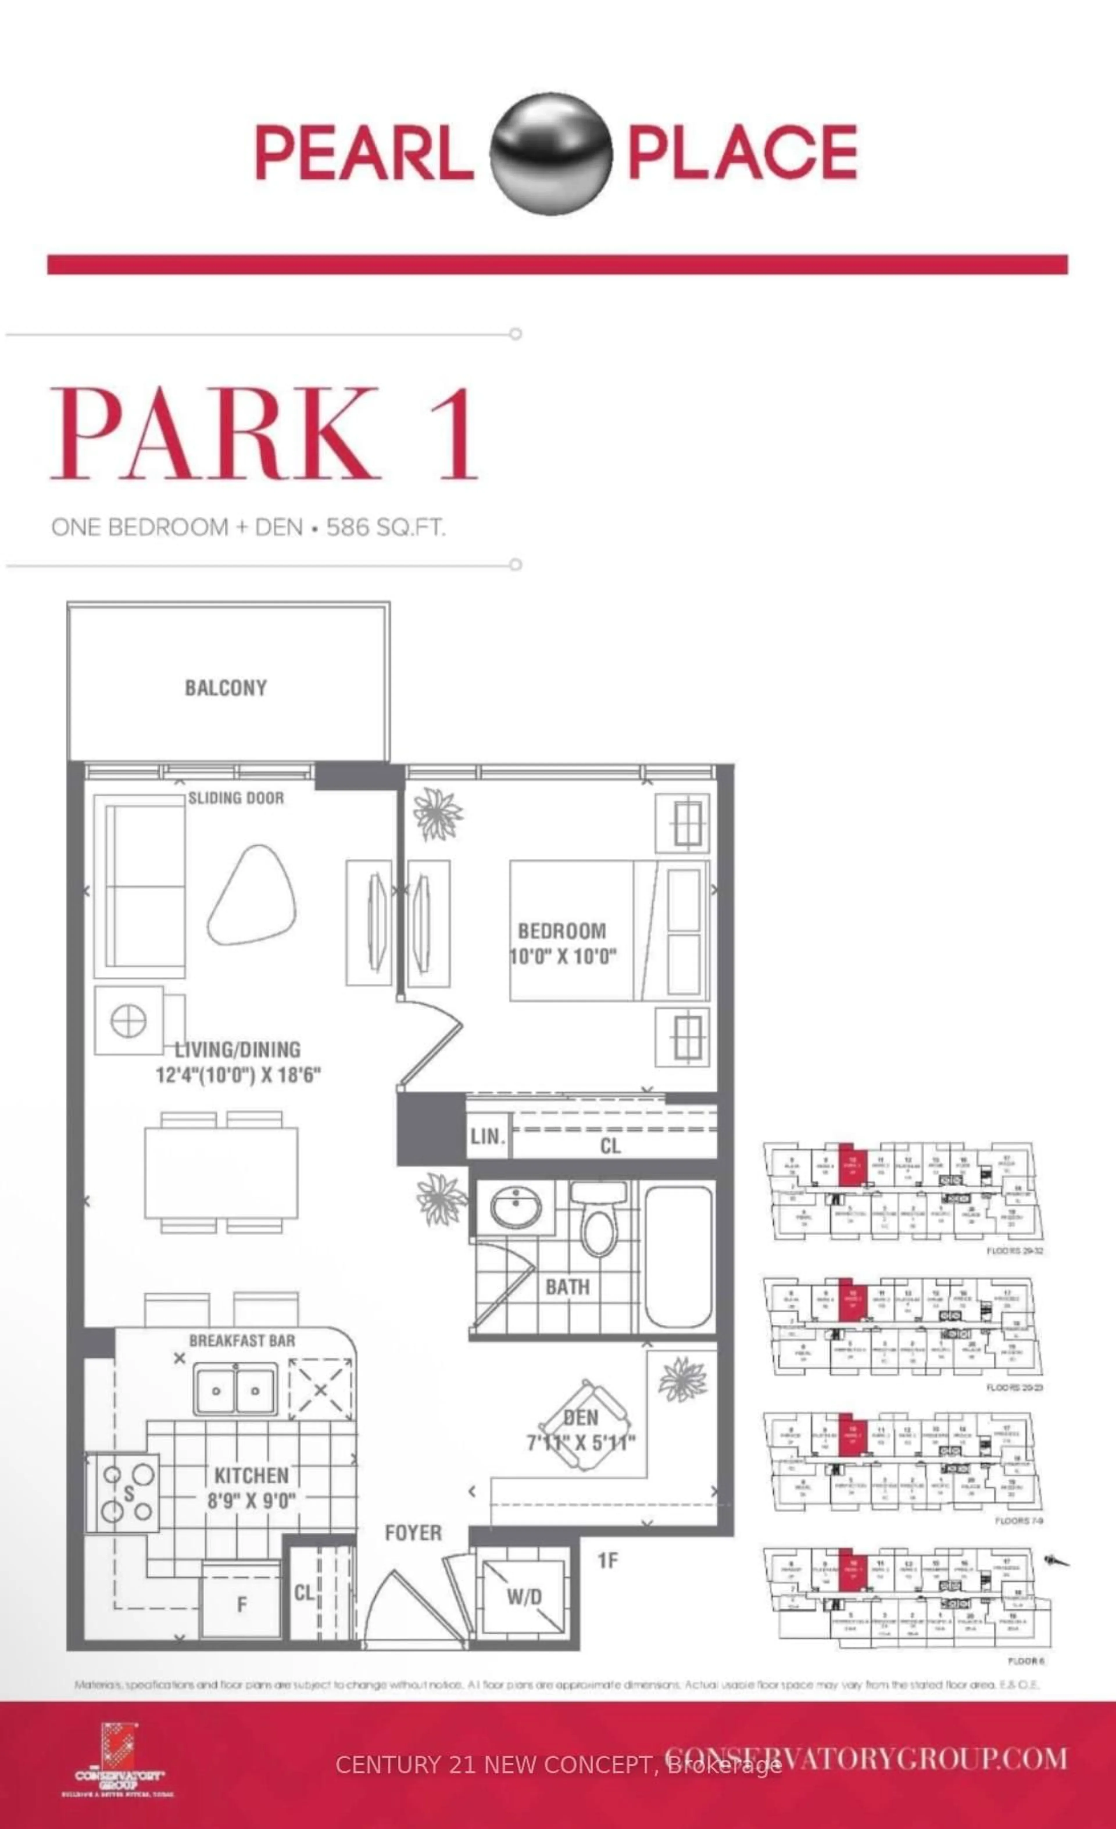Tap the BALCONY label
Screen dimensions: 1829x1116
226,688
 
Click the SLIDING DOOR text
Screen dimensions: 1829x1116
235,798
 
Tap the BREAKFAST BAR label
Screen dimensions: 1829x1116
242,1341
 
